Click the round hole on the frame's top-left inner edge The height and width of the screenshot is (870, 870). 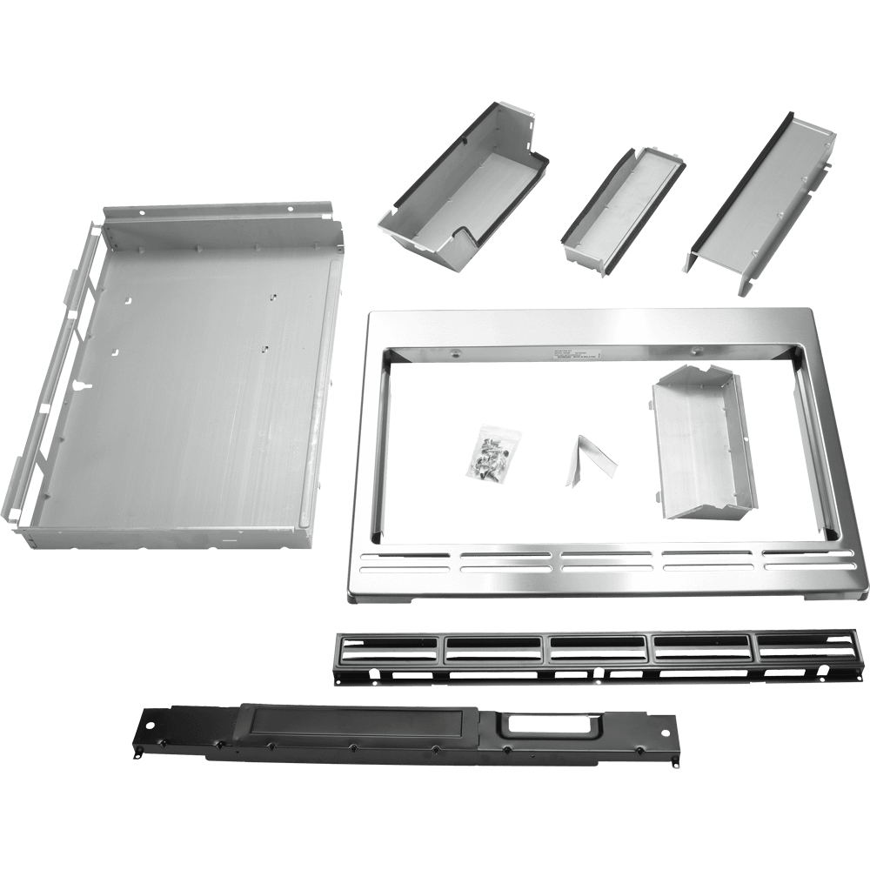[454, 353]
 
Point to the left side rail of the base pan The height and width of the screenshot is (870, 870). [61, 374]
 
